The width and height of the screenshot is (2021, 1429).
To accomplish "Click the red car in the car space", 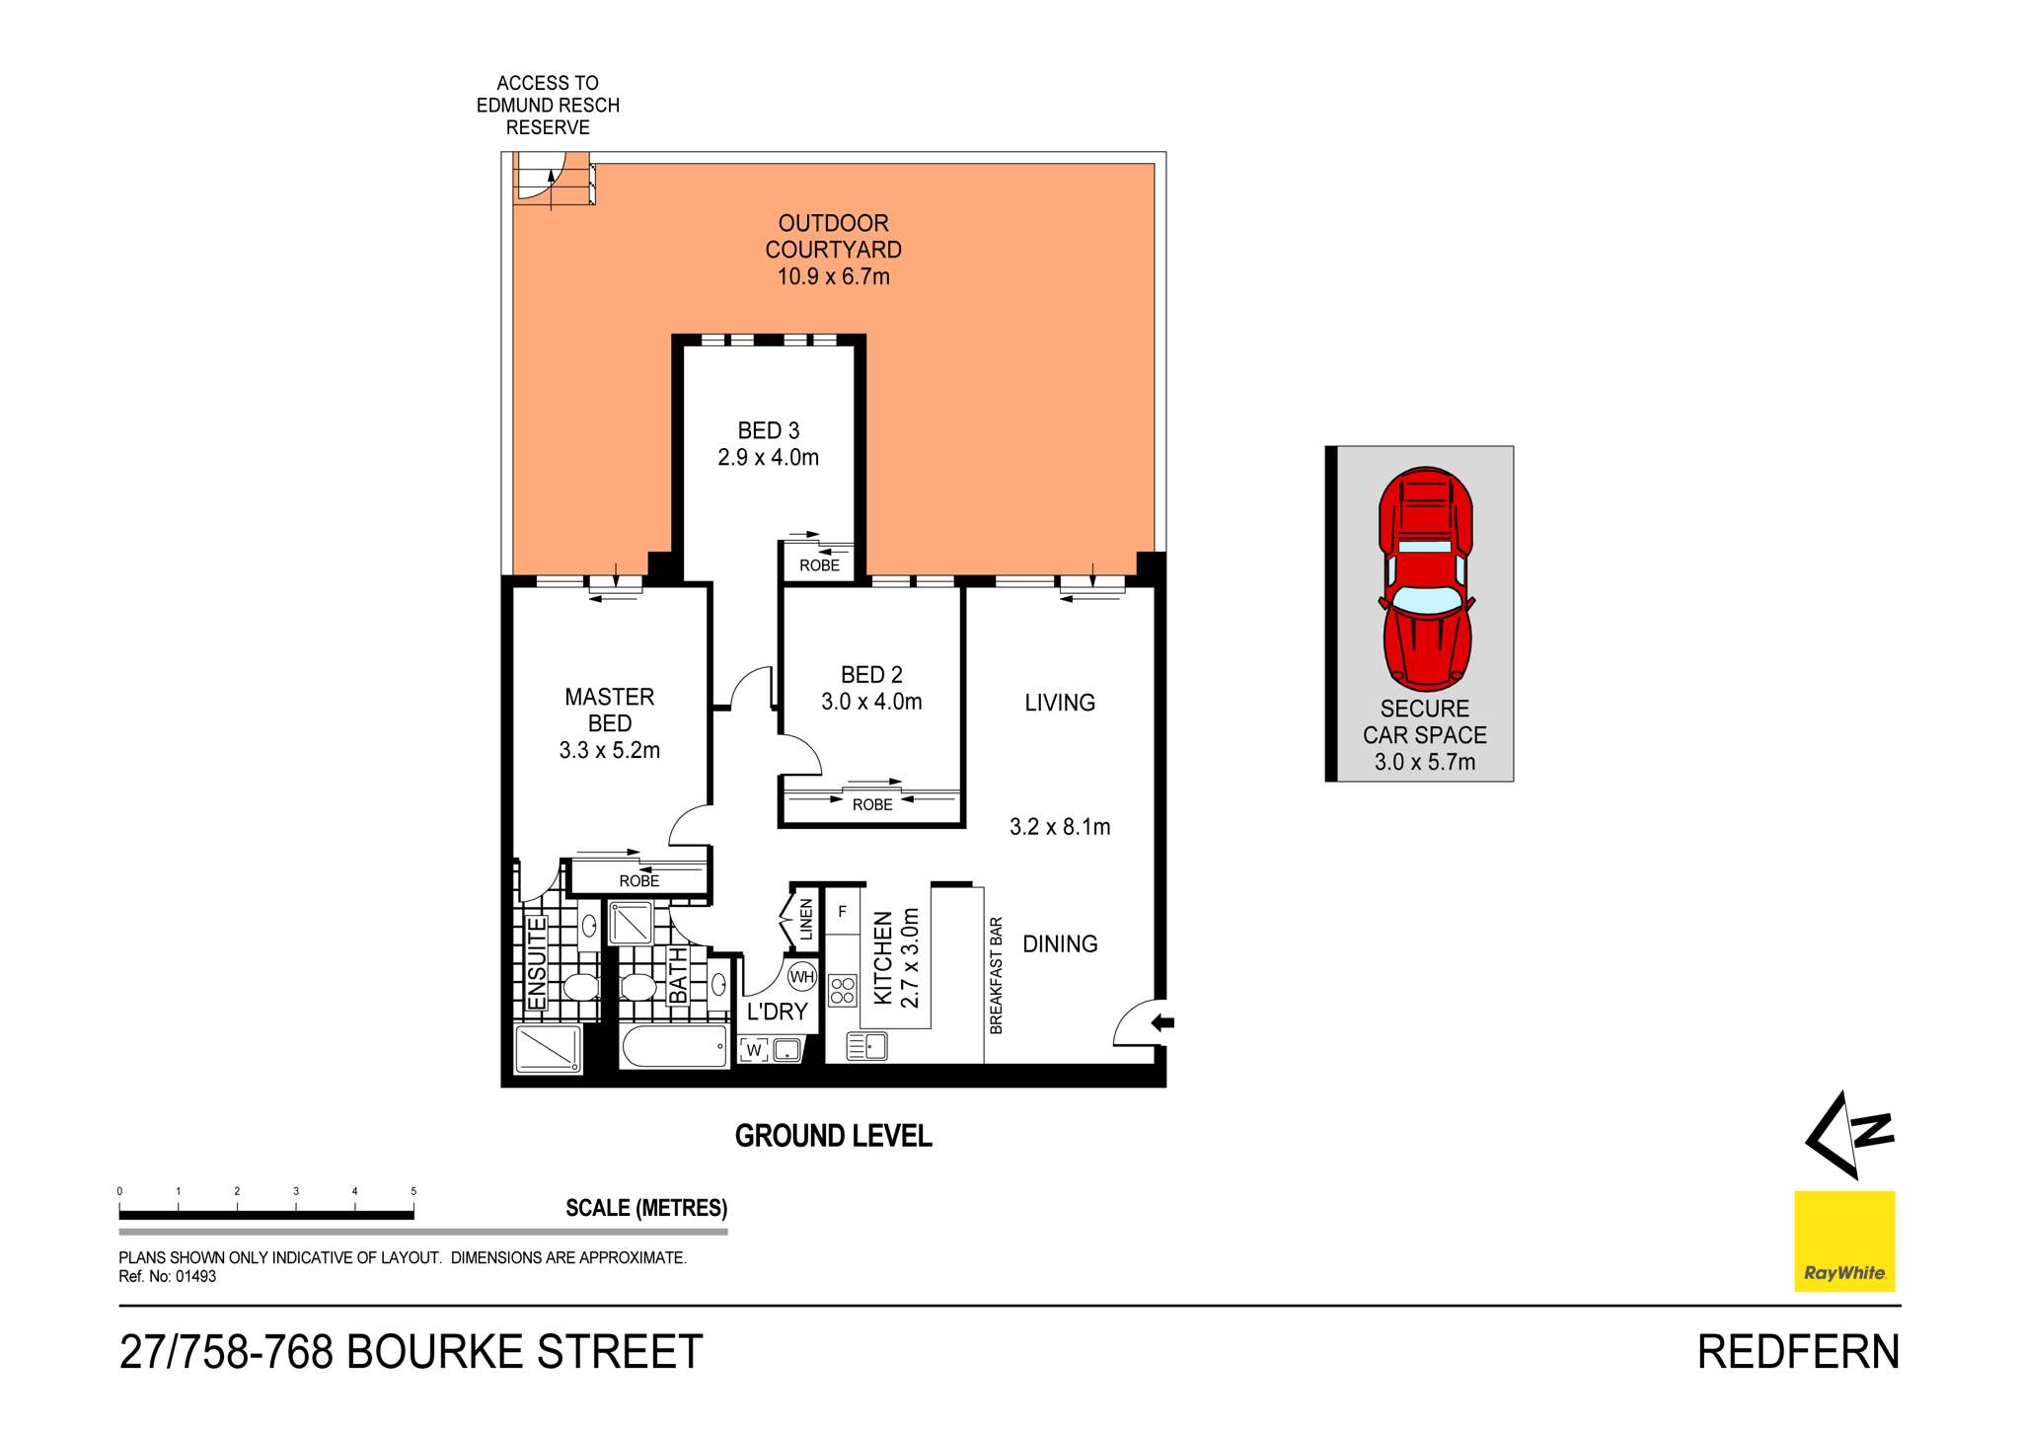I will (1425, 578).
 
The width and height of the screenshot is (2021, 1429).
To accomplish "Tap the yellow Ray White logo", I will (1843, 1241).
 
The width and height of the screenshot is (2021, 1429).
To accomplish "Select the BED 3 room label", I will (769, 430).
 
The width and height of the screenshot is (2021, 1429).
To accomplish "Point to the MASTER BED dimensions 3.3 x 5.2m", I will (609, 750).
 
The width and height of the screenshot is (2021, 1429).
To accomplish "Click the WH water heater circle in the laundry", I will (802, 977).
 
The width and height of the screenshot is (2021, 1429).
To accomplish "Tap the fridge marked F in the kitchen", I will (842, 912).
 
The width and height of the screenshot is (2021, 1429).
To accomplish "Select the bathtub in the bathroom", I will (675, 1045).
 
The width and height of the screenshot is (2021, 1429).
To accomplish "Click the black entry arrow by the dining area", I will (1162, 1022).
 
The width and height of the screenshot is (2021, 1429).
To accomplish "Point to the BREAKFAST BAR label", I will (996, 975).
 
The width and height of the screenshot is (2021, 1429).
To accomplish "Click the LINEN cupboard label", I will (806, 919).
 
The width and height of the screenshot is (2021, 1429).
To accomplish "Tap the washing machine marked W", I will (754, 1050).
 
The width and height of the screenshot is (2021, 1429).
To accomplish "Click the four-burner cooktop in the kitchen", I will (843, 990).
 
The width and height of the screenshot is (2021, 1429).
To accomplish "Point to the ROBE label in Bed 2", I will (872, 804).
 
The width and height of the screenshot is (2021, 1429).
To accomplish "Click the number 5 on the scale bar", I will (413, 1191).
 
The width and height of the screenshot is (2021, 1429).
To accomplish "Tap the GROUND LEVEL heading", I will (833, 1136).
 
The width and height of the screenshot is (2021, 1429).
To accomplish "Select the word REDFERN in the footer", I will (1797, 1352).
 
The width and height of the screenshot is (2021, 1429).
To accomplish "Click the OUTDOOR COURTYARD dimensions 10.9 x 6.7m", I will (833, 277).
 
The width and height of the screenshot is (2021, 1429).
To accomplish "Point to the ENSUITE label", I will (537, 963).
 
